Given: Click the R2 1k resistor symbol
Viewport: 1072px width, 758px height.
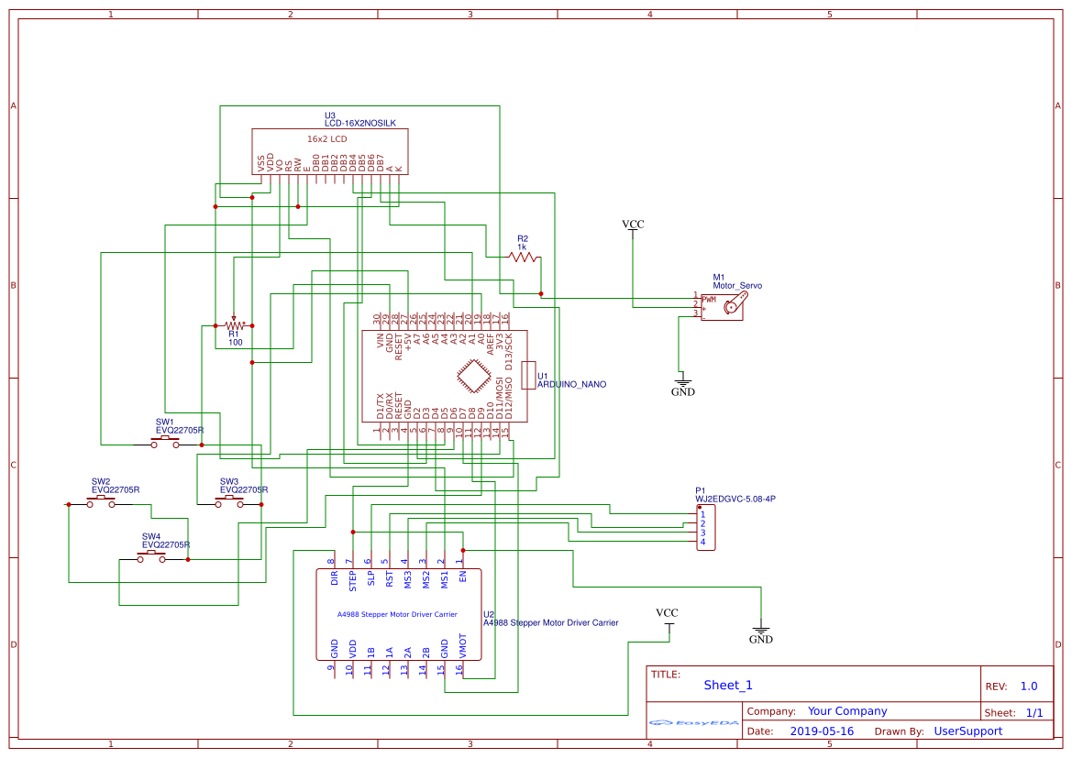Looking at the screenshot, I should tap(525, 258).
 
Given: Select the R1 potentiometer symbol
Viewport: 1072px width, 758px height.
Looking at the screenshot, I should tap(236, 325).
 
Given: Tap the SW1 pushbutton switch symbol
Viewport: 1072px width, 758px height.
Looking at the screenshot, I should tap(166, 443).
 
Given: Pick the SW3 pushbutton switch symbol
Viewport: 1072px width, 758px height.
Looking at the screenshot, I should tap(229, 503).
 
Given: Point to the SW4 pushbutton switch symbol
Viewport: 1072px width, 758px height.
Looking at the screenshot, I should tap(152, 558).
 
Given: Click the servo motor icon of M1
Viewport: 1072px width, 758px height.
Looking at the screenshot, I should tap(730, 305).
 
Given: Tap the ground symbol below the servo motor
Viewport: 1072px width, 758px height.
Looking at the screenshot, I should tap(682, 381).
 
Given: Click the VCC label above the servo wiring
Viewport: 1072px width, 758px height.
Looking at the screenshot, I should tap(633, 225).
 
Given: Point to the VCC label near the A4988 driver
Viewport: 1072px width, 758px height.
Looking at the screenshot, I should tap(667, 613).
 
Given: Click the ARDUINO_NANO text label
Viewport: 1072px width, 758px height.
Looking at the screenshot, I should tap(571, 385).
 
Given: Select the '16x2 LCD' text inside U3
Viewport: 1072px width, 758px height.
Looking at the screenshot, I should tap(326, 139).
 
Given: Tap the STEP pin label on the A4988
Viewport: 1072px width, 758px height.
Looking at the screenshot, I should tap(352, 577).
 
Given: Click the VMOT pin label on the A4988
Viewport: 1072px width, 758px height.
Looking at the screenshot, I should tap(462, 645).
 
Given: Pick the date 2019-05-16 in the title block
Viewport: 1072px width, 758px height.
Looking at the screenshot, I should tap(822, 731).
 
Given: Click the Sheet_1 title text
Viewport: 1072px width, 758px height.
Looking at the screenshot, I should tap(728, 686).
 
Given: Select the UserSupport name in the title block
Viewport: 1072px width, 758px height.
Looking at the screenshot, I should tap(967, 731).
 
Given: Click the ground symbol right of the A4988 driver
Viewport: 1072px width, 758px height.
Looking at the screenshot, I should tap(761, 635).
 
